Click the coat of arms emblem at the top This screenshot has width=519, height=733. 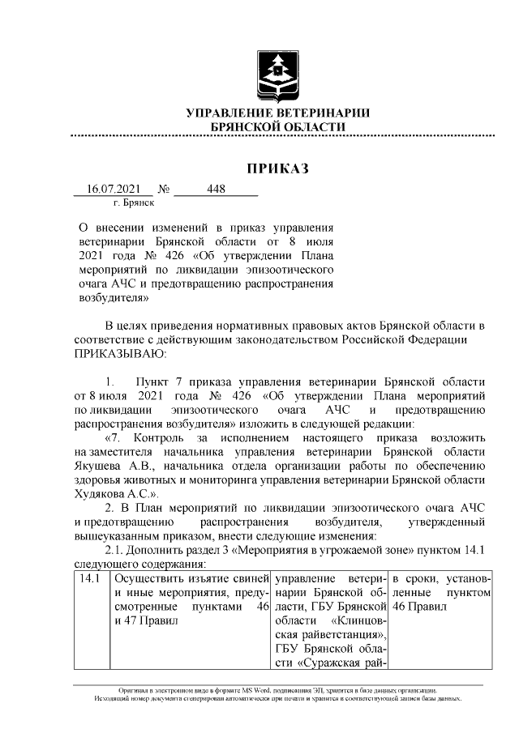click(x=278, y=72)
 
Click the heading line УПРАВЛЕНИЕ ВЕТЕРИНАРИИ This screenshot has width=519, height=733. click(x=278, y=113)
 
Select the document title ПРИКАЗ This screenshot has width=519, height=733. click(x=278, y=168)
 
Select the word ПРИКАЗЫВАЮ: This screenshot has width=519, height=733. click(x=120, y=354)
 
